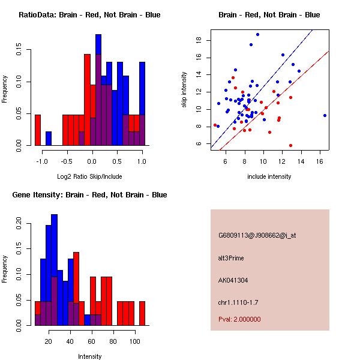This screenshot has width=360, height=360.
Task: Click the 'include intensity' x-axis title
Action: (x=269, y=176)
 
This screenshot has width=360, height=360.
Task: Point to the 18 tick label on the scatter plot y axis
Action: (x=199, y=40)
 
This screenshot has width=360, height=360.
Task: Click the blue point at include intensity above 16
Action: (x=325, y=115)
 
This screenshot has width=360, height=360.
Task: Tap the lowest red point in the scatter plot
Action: (x=290, y=145)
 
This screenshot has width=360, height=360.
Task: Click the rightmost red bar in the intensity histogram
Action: (x=142, y=313)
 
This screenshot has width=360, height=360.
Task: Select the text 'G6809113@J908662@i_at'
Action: (x=257, y=235)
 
